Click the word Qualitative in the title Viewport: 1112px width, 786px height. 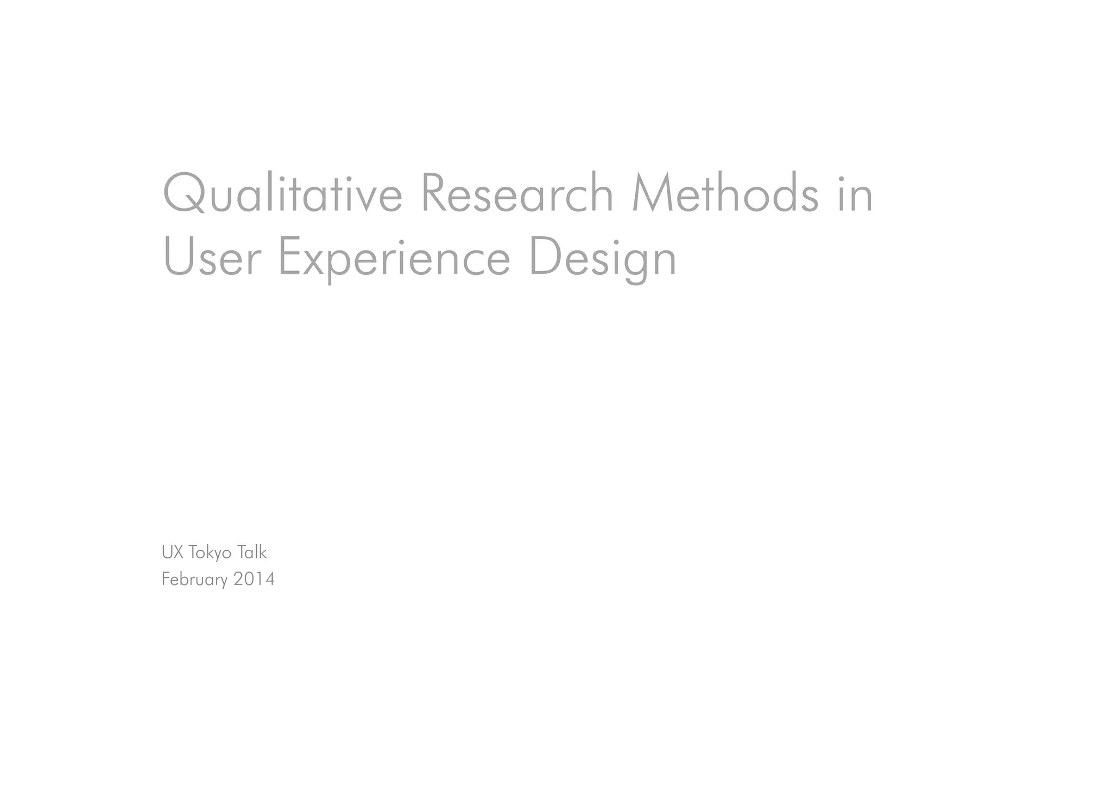282,193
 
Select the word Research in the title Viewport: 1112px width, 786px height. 516,193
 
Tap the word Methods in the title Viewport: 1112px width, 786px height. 725,193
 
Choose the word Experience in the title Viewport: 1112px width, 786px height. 394,259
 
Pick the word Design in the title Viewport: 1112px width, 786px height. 603,259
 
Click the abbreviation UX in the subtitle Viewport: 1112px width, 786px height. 172,552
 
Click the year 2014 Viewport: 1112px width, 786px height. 254,579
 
